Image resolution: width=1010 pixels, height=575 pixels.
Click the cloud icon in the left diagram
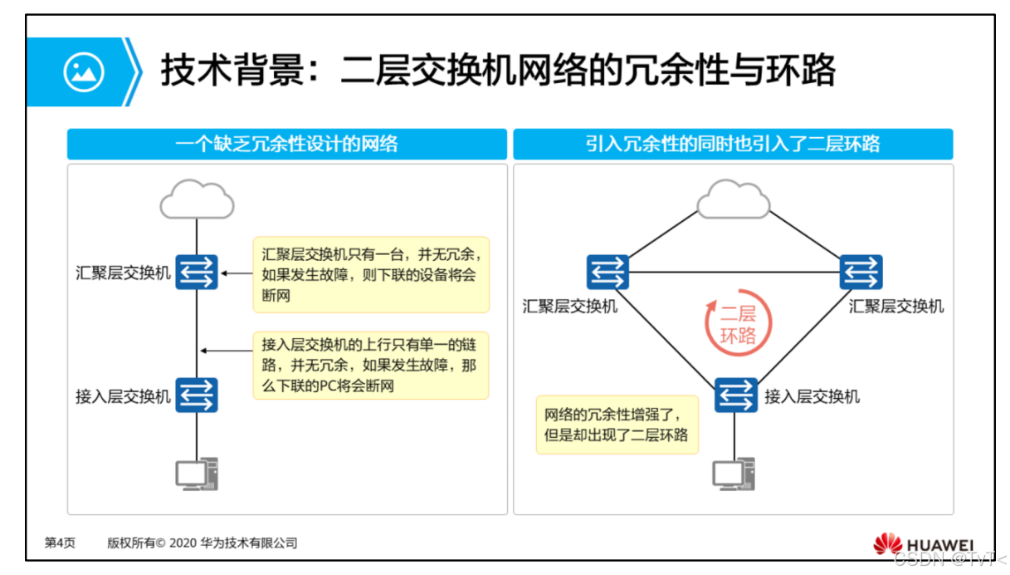click(x=197, y=199)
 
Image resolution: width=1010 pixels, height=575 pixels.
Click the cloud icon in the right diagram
click(x=733, y=200)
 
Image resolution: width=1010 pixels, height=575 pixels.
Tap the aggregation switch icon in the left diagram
click(x=197, y=272)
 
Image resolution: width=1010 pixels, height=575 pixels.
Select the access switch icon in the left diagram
click(x=197, y=396)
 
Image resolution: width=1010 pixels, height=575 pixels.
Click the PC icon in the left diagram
click(x=197, y=474)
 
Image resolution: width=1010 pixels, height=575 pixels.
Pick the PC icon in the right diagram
click(x=734, y=474)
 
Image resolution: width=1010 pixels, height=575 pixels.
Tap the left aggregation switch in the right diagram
click(x=607, y=272)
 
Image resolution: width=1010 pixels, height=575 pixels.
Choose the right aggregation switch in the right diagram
click(x=861, y=272)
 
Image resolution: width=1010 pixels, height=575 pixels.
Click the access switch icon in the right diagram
click(x=735, y=396)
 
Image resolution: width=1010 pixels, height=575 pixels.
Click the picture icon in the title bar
click(x=84, y=72)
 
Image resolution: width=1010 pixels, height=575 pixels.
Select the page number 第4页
click(x=60, y=543)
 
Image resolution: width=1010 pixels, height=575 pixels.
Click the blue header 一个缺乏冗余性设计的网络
click(x=287, y=144)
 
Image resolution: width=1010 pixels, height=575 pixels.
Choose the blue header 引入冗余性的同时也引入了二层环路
click(x=733, y=144)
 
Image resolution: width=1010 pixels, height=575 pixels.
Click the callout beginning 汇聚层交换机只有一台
click(x=371, y=274)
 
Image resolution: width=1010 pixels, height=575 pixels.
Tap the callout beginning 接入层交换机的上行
click(x=370, y=366)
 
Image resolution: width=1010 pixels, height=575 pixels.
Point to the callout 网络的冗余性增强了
click(x=617, y=424)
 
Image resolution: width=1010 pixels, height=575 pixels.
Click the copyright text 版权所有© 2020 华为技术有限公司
click(x=202, y=543)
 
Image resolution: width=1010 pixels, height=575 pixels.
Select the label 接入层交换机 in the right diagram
click(x=812, y=396)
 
